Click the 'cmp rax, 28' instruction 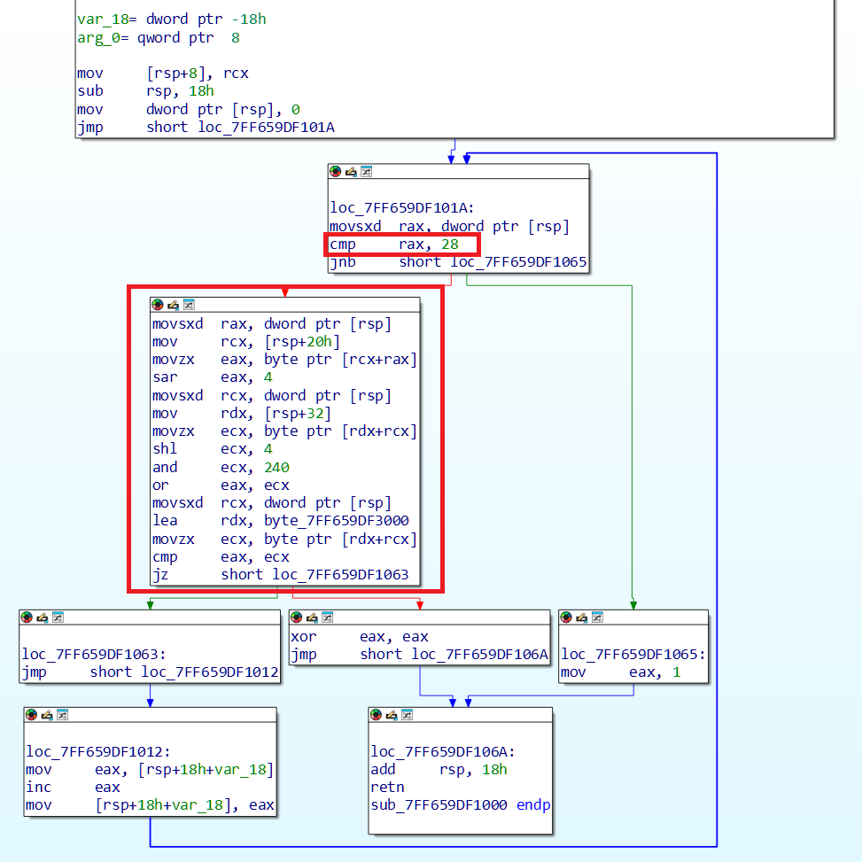click(x=400, y=245)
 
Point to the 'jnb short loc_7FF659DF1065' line click(x=457, y=262)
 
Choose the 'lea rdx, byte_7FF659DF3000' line click(x=280, y=521)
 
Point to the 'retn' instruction click(x=387, y=787)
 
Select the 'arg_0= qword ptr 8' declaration click(x=159, y=38)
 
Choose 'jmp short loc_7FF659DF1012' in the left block click(x=150, y=672)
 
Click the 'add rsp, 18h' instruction click(x=439, y=769)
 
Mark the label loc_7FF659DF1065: click(x=633, y=654)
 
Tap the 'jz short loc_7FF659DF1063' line click(x=280, y=574)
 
